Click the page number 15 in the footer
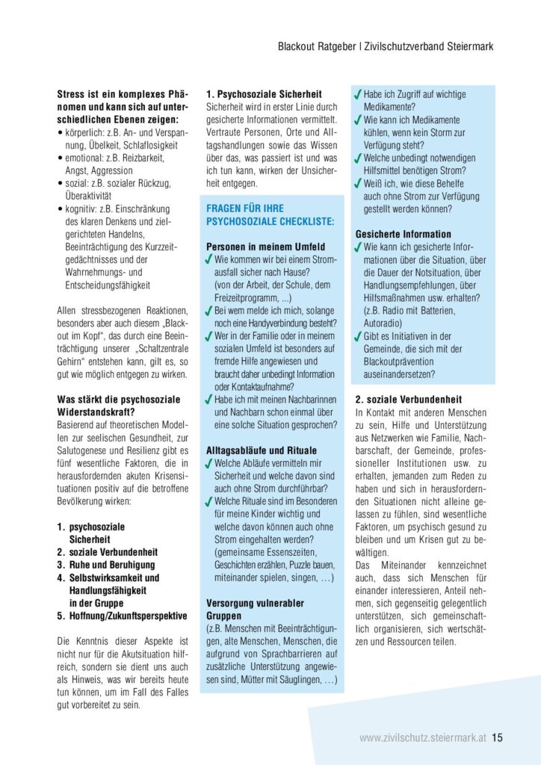tap(497, 737)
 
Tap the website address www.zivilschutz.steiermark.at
tap(422, 737)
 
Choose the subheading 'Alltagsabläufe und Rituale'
tap(262, 450)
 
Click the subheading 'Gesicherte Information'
tap(403, 234)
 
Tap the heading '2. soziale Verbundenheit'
tap(408, 399)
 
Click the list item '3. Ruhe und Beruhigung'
tap(106, 565)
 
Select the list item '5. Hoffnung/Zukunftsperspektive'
tap(123, 616)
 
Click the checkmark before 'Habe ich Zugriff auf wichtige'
tap(359, 95)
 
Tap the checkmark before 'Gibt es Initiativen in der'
tap(359, 336)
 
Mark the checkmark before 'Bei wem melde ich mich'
tap(209, 310)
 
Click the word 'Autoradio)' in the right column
tap(386, 323)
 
